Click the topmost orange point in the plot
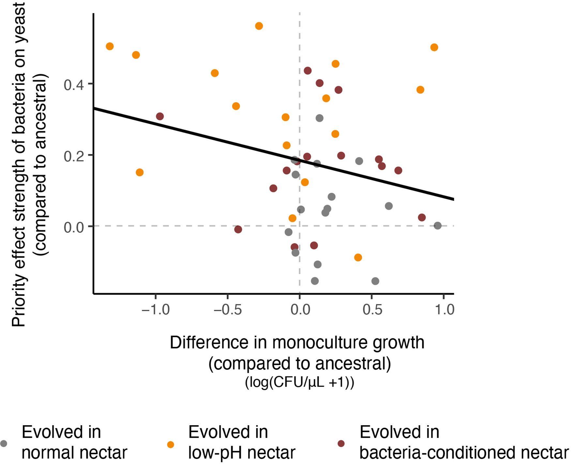[259, 26]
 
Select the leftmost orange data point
[110, 46]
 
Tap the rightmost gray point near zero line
[438, 225]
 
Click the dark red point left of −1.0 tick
[160, 116]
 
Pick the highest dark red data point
[308, 71]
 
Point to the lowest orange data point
[358, 257]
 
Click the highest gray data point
[320, 118]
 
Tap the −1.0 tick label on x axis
[156, 309]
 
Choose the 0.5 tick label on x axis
[372, 309]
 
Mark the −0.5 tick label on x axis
[228, 309]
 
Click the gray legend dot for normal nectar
[4, 443]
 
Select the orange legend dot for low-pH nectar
[171, 444]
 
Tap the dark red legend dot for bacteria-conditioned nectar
[341, 443]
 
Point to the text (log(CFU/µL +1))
[299, 382]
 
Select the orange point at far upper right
[434, 48]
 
